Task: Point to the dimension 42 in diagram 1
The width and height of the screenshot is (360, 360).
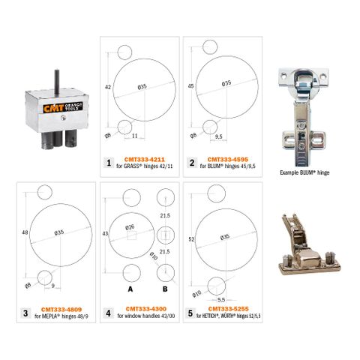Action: (109, 88)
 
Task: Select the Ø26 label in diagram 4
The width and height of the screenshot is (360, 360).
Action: (130, 227)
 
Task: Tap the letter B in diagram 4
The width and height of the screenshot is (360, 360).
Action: (164, 288)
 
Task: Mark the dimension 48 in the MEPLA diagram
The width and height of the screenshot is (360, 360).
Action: (26, 234)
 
